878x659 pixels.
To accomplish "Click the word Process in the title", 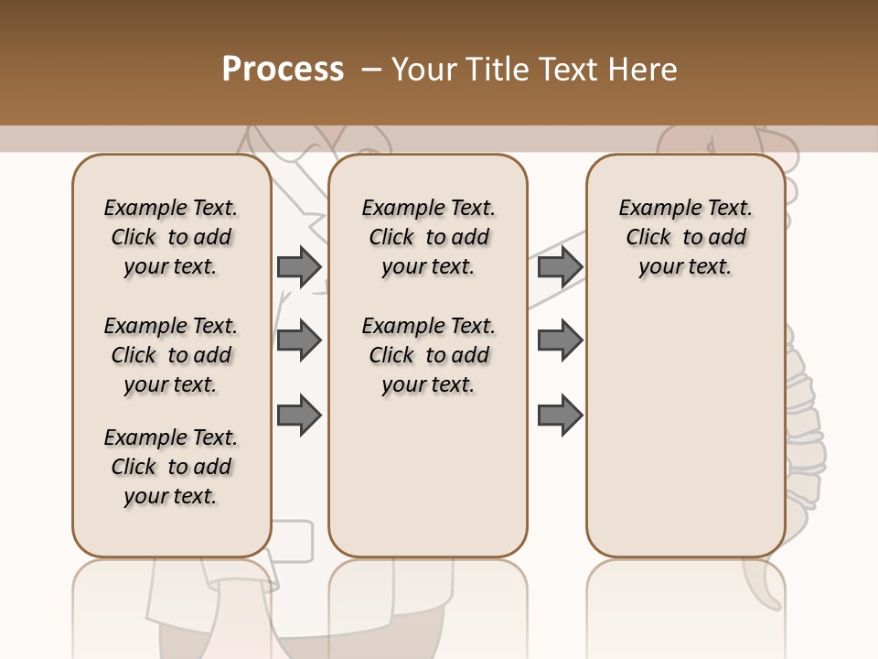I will click(283, 70).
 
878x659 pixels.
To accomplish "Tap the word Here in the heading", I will click(644, 70).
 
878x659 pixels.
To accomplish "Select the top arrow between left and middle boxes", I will click(299, 266).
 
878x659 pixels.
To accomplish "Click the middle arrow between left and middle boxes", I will click(299, 340).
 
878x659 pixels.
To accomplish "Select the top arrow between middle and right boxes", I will click(560, 266).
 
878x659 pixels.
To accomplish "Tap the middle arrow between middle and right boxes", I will click(560, 340).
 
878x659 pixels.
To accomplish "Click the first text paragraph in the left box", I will click(171, 237).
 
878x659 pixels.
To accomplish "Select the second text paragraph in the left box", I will click(171, 355).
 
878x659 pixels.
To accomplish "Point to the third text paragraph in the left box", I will click(171, 467).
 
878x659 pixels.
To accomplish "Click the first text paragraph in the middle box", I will click(428, 237).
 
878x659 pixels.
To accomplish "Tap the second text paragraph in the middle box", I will click(428, 355).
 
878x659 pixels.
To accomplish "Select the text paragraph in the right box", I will click(685, 237).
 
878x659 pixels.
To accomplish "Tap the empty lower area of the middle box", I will click(428, 476).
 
